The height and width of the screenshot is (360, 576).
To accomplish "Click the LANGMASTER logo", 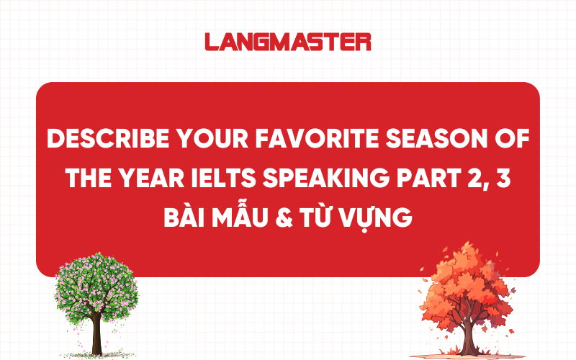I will tap(288, 42).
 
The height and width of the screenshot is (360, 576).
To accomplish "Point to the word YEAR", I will tap(144, 176).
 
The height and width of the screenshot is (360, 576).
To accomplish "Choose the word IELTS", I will tap(216, 176).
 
